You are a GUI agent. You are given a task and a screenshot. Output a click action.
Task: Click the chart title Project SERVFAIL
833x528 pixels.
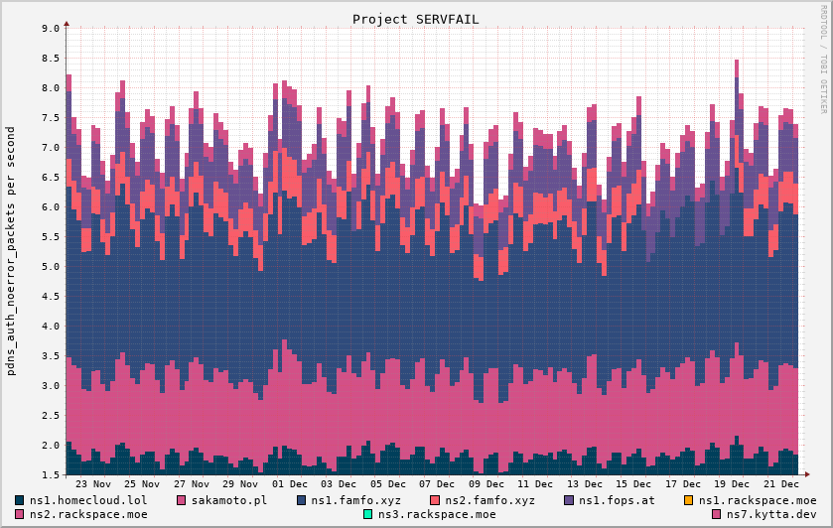[416, 19]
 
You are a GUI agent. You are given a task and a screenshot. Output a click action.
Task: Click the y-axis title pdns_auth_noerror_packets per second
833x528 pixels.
[11, 251]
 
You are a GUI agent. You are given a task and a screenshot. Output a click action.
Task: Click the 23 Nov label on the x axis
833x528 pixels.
[93, 484]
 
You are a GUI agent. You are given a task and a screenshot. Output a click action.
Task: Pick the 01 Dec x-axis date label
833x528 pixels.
[289, 484]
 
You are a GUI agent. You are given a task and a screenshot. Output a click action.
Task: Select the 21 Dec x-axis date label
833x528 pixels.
[780, 484]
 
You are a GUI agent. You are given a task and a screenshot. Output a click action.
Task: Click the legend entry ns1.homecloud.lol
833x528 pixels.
[88, 500]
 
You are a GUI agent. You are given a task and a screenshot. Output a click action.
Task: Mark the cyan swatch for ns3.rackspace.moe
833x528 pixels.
[367, 514]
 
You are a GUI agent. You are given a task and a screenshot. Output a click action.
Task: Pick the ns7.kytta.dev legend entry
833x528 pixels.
[764, 514]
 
